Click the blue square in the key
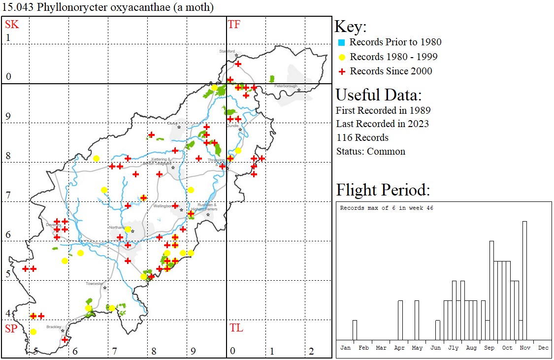(341, 42)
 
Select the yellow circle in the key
(341, 57)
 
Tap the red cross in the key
(341, 71)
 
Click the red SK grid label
(12, 24)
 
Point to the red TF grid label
(234, 24)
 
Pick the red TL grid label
(236, 328)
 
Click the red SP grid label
(11, 328)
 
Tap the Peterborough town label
(286, 86)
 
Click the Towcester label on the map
(95, 284)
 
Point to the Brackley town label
(53, 327)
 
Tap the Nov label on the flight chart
(525, 348)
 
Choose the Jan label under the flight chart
(346, 348)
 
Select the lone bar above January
(355, 329)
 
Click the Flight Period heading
(383, 190)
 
